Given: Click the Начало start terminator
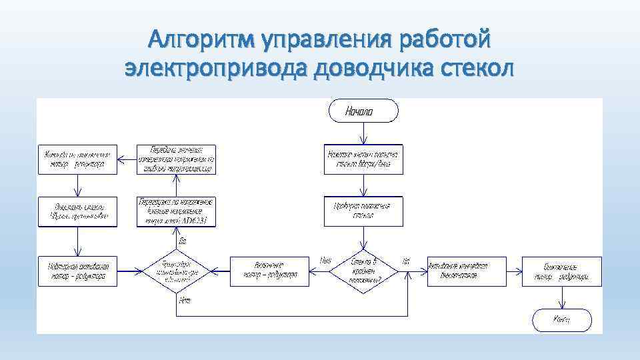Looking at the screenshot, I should tap(363, 111).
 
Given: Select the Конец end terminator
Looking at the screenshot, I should tap(562, 320).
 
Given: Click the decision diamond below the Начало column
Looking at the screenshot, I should tap(363, 271).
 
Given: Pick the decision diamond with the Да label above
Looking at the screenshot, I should tap(177, 271).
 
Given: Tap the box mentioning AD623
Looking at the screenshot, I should tap(177, 212).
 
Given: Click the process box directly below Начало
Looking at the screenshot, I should tap(363, 159).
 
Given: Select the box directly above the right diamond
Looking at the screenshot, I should tap(363, 212).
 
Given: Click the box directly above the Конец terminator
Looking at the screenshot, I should tap(562, 271).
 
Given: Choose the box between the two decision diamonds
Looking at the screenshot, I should tap(270, 271).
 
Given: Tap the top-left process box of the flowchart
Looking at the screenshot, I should tap(77, 159).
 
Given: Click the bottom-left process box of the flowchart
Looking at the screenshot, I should tap(77, 271).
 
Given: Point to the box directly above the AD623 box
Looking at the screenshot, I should tap(177, 159).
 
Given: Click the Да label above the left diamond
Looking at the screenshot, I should tap(182, 240).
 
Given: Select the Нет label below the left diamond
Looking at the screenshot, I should tap(185, 301).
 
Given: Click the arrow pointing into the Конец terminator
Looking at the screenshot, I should tap(562, 298).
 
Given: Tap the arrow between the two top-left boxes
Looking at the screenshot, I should tap(127, 159).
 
